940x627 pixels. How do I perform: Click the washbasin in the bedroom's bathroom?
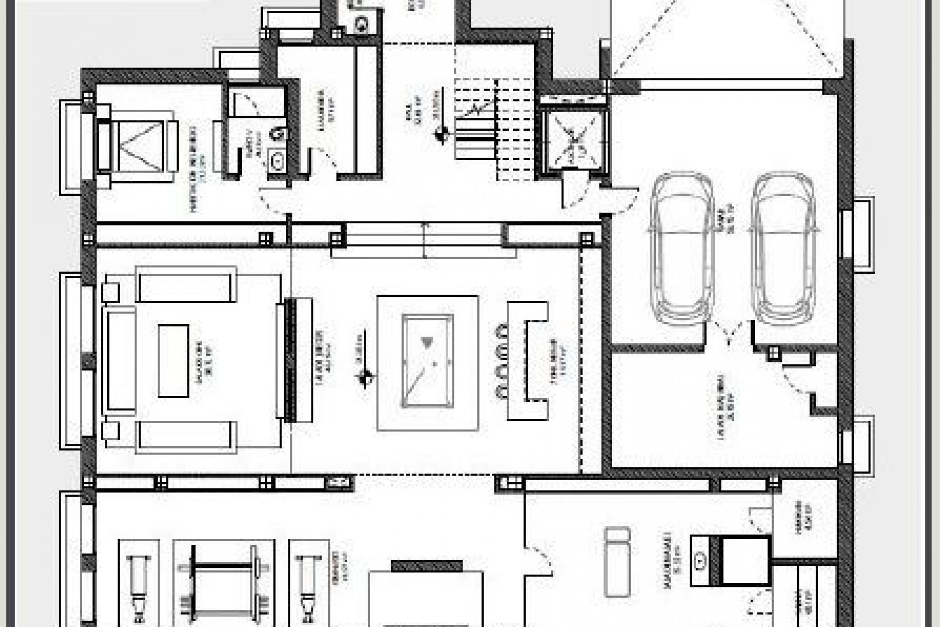click(x=278, y=160)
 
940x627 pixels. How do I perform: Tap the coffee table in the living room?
click(x=173, y=360)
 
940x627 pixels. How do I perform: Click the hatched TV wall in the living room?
click(x=290, y=360)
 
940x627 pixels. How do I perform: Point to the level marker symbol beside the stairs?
click(x=442, y=133)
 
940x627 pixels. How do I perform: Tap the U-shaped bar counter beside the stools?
click(x=529, y=360)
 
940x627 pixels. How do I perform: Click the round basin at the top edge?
click(x=361, y=24)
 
